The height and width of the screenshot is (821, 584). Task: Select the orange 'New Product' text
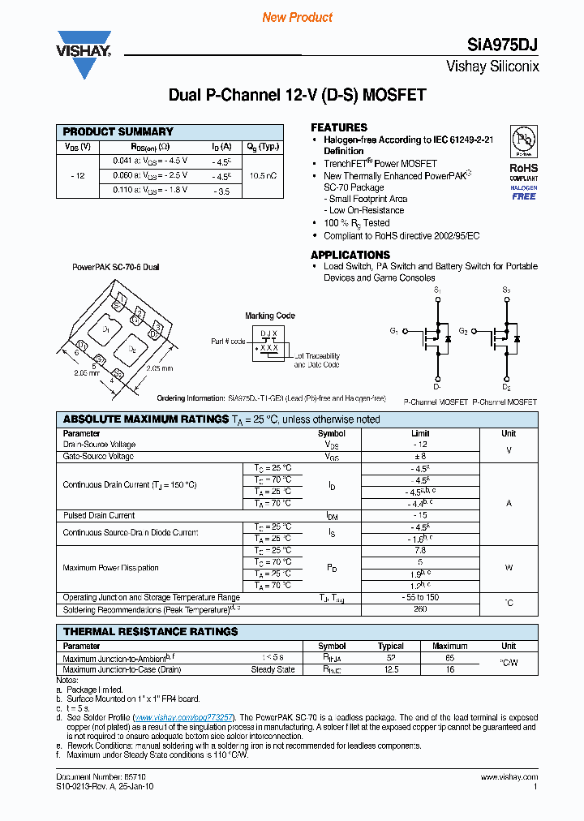pos(297,17)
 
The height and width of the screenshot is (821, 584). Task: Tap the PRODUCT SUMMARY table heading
pos(118,131)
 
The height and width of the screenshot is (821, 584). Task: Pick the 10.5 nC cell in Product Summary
pos(263,175)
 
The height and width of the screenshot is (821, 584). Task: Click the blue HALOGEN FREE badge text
pos(523,192)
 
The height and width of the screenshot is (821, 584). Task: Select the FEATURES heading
pos(339,127)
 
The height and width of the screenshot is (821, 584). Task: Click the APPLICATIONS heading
pos(350,255)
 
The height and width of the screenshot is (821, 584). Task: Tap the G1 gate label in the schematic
pos(394,331)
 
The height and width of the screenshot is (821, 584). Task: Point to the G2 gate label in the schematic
pos(463,331)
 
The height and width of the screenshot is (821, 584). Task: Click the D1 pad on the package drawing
pos(105,329)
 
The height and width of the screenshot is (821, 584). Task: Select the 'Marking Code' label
pos(270,316)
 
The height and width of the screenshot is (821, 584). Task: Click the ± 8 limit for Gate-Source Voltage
pos(420,457)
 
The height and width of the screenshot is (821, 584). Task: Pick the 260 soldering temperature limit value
pos(420,609)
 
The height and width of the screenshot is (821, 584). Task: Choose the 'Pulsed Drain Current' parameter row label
pos(99,515)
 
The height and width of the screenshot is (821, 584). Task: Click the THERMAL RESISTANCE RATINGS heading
pos(150,631)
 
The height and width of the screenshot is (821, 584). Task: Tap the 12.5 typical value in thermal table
pos(391,669)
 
